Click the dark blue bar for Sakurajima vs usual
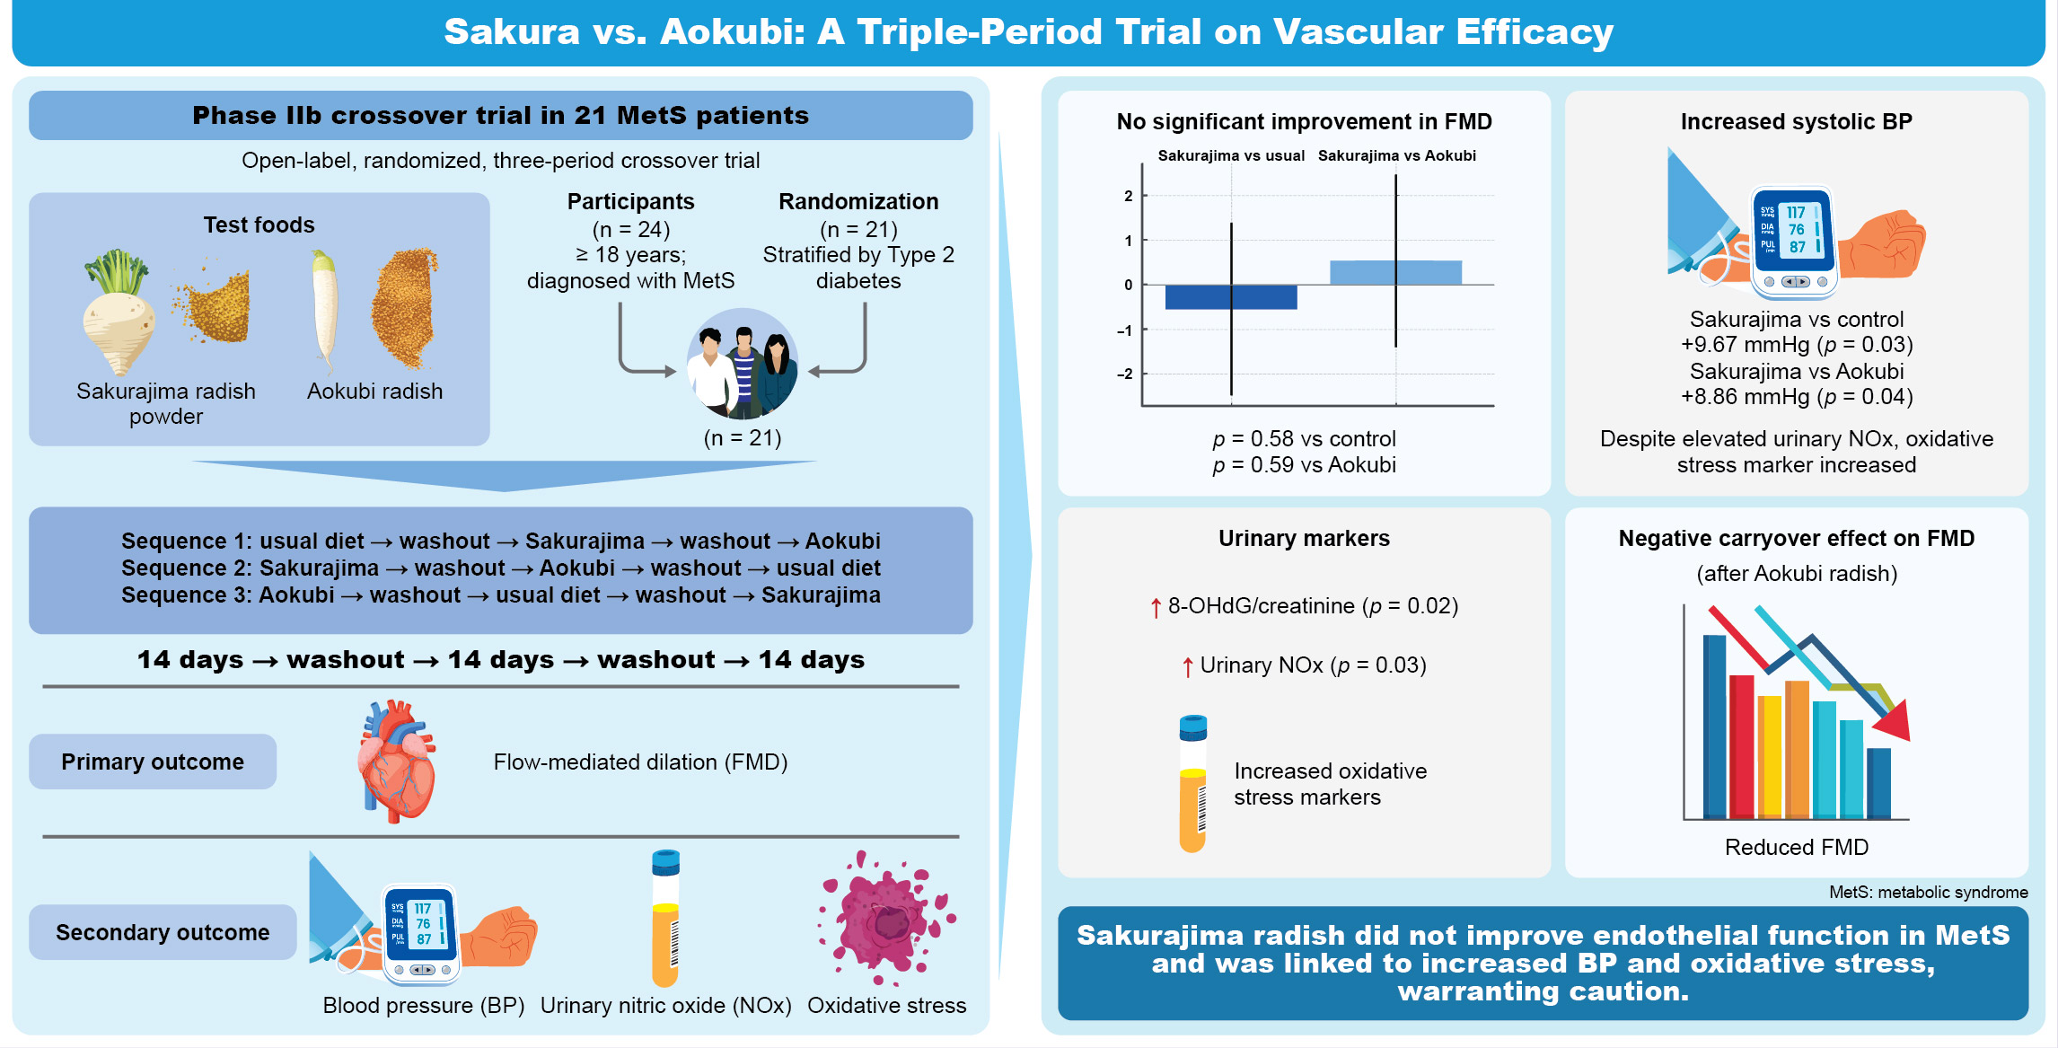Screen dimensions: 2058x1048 pyautogui.click(x=1230, y=297)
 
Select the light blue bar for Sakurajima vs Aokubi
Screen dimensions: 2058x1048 pyautogui.click(x=1395, y=272)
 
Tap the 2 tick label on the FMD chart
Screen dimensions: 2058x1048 pyautogui.click(x=1129, y=196)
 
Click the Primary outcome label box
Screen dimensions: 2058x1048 pyautogui.click(x=153, y=762)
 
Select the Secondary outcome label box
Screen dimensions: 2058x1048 pyautogui.click(x=163, y=932)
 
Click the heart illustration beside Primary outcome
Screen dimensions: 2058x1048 pyautogui.click(x=396, y=761)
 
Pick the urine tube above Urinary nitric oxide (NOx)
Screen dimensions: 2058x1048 pyautogui.click(x=665, y=918)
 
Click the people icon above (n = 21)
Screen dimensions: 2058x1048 pyautogui.click(x=743, y=364)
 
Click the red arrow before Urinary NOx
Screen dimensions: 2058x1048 pyautogui.click(x=1188, y=666)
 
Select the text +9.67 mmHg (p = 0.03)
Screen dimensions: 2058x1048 pyautogui.click(x=1797, y=345)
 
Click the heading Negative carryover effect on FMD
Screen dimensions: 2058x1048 pyautogui.click(x=1797, y=539)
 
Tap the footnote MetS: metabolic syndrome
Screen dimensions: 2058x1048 pyautogui.click(x=1929, y=892)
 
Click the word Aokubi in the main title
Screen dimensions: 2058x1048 pyautogui.click(x=733, y=32)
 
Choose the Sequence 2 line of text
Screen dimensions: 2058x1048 pyautogui.click(x=501, y=568)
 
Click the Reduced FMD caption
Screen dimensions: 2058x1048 pyautogui.click(x=1797, y=847)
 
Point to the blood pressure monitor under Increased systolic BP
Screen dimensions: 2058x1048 pyautogui.click(x=1794, y=242)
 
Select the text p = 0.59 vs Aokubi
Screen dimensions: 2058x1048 pyautogui.click(x=1305, y=465)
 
